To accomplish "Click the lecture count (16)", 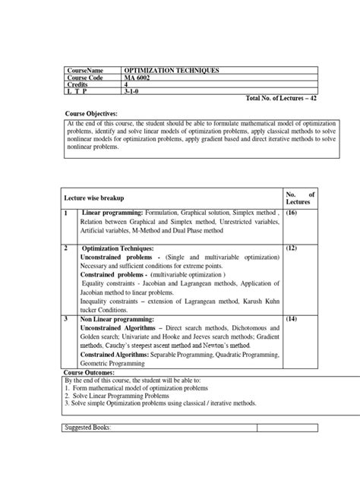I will click(292, 215).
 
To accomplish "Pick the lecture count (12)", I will click(292, 248).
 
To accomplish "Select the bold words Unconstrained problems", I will click(112, 257).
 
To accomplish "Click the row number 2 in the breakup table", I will click(68, 248).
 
